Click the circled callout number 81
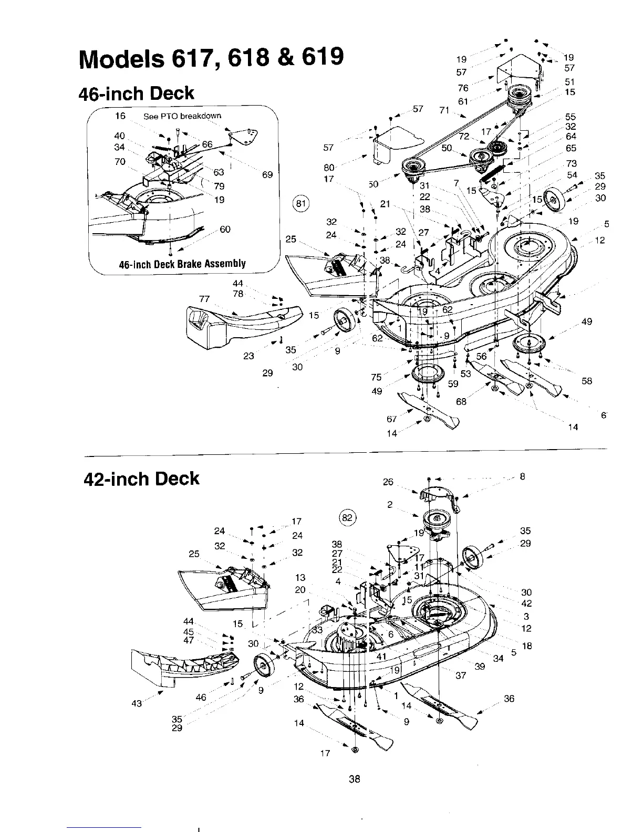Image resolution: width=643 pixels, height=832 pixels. click(302, 203)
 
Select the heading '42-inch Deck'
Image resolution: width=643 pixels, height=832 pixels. click(142, 479)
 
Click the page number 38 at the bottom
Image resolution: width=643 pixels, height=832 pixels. click(355, 779)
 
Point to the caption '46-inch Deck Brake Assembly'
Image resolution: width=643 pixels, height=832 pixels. click(182, 264)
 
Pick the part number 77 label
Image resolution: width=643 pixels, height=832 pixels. click(204, 299)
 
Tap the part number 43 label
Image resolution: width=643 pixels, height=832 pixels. click(137, 703)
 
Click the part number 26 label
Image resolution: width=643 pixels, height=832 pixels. click(388, 482)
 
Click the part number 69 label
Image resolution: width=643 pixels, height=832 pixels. click(267, 174)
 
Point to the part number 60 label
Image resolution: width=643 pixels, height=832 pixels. click(225, 229)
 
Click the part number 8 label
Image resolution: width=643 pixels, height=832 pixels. click(522, 476)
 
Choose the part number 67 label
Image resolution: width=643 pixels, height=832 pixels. click(391, 419)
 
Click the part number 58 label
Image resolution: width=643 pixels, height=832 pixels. click(587, 381)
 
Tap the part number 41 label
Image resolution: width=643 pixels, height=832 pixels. click(382, 656)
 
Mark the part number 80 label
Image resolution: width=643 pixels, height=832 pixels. click(329, 168)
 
